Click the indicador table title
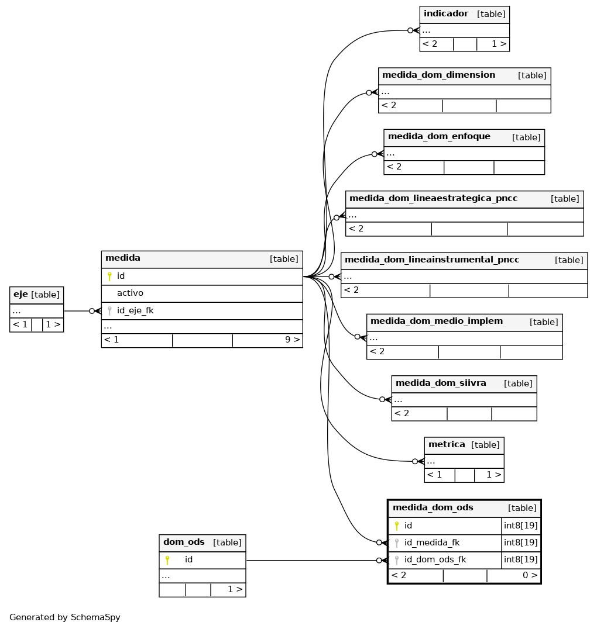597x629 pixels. [x=445, y=13]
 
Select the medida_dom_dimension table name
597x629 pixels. [x=438, y=75]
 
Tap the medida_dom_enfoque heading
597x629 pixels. [x=439, y=136]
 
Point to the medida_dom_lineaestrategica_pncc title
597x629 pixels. [x=433, y=198]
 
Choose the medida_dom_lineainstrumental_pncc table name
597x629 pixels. [x=432, y=260]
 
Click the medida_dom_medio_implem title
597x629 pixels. [x=436, y=321]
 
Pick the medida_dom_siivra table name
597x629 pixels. [x=441, y=383]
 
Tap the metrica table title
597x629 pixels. [x=447, y=444]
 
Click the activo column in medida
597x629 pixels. [x=130, y=293]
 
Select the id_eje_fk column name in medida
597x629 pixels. [x=135, y=310]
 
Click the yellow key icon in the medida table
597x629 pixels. [x=109, y=276]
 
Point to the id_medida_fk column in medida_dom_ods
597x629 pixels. [x=432, y=542]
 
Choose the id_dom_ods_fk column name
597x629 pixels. [x=435, y=559]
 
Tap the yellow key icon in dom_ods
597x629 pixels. [x=167, y=559]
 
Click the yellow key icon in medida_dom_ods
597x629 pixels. [x=396, y=526]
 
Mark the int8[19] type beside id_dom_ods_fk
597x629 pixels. [x=521, y=559]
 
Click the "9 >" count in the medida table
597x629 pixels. [x=293, y=340]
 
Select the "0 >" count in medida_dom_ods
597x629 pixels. [x=530, y=575]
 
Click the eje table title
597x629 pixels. [x=20, y=294]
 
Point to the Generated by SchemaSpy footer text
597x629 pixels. [x=65, y=617]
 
